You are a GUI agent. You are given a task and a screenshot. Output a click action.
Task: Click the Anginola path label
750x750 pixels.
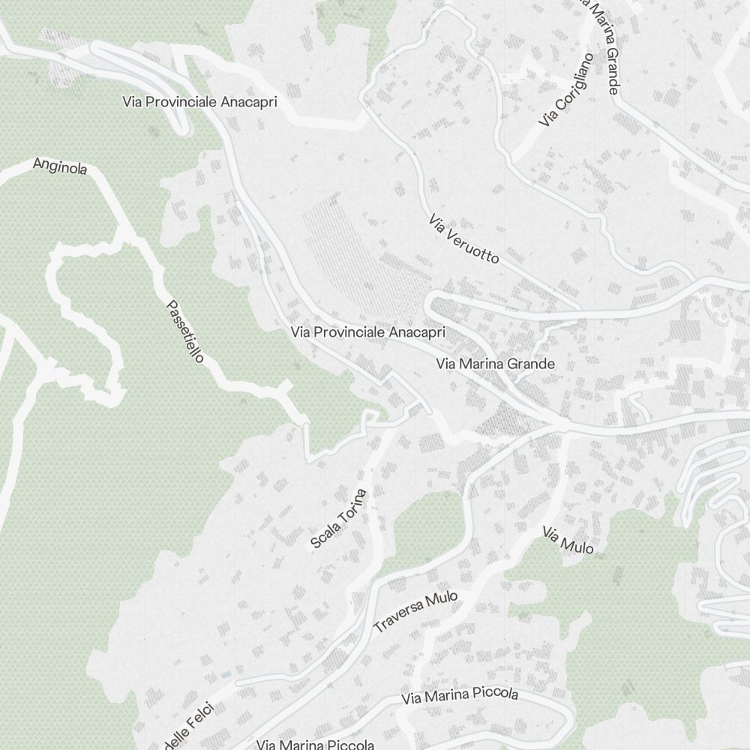tap(60, 166)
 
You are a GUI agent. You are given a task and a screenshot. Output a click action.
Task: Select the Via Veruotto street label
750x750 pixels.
tap(463, 239)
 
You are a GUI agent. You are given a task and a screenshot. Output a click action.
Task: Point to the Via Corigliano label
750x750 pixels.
tap(566, 89)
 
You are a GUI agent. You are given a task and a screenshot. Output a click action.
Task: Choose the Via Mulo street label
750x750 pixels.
tap(568, 540)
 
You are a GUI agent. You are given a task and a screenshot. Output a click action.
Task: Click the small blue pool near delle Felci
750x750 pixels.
tap(226, 675)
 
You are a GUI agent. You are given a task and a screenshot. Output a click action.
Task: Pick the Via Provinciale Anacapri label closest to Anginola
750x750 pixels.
tap(199, 102)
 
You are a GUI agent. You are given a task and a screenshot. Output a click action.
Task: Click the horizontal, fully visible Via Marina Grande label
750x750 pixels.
tap(495, 364)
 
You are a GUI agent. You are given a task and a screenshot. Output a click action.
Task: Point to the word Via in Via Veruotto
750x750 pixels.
tap(437, 223)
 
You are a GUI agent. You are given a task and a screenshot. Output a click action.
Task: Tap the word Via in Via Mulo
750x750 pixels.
tap(551, 534)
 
